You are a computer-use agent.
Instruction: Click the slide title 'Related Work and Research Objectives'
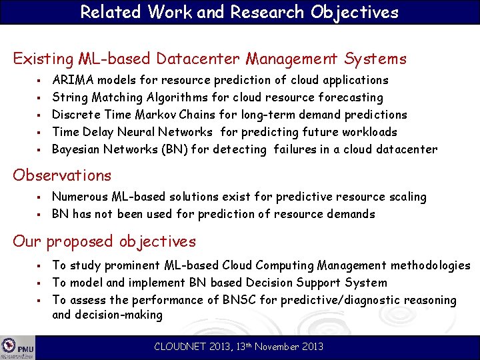(239, 12)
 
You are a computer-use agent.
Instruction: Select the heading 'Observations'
(62, 175)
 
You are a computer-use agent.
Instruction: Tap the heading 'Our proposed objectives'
(104, 241)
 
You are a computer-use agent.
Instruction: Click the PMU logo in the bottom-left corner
(18, 348)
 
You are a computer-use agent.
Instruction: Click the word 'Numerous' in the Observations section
(79, 197)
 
